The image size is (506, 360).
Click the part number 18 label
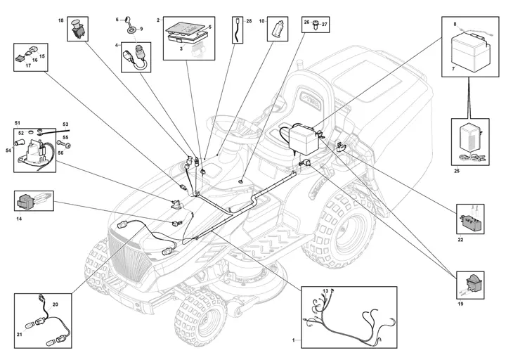(60, 21)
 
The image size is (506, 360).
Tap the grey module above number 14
(29, 200)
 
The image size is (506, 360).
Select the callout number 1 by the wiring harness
(293, 340)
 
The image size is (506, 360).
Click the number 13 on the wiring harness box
(325, 291)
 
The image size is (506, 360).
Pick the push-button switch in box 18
(78, 28)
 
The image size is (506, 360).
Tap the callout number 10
(262, 22)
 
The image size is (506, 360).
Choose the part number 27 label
(325, 24)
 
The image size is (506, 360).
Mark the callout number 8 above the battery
(455, 25)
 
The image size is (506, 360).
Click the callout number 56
(60, 152)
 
